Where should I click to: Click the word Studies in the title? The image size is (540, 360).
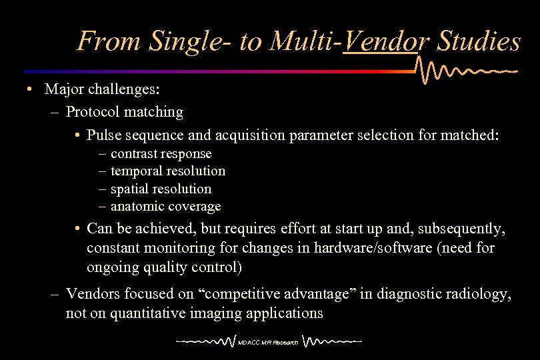tap(479, 41)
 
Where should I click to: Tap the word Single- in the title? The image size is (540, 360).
tap(191, 41)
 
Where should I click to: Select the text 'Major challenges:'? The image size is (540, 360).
tap(101, 89)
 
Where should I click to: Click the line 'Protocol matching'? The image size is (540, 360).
tap(124, 111)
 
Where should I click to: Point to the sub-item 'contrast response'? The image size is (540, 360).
tap(161, 153)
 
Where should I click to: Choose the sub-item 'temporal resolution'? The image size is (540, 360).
tap(168, 171)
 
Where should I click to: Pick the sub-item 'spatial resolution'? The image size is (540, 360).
tap(161, 189)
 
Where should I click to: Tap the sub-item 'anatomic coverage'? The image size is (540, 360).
tap(165, 206)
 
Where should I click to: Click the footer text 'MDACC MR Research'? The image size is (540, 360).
tap(270, 343)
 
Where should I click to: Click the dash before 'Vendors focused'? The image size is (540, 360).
tap(55, 295)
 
